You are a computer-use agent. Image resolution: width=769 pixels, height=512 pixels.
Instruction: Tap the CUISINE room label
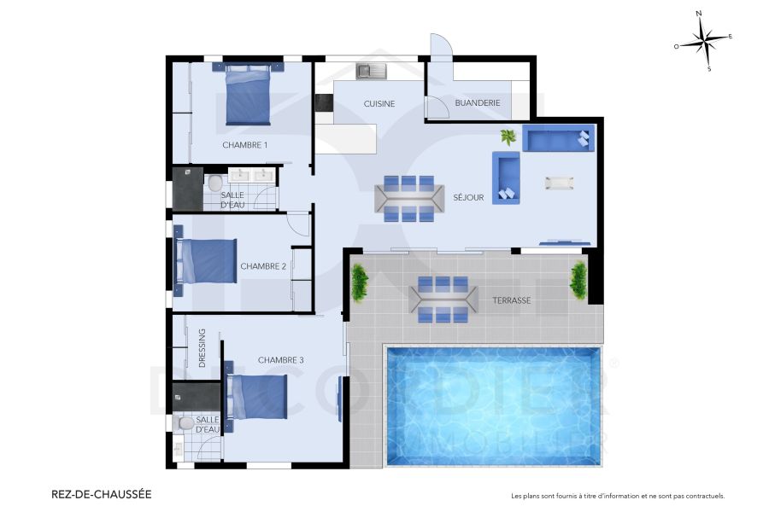379,104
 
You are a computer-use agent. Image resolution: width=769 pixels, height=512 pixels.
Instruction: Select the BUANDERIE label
477,103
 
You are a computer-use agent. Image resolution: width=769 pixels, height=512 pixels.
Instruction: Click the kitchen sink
372,71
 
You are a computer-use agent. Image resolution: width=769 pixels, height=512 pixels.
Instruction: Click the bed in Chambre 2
206,261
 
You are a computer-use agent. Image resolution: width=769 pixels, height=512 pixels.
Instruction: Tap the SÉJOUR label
469,197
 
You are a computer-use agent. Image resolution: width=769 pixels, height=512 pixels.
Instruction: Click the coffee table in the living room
560,182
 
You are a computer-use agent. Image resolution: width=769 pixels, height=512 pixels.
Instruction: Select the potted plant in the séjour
508,137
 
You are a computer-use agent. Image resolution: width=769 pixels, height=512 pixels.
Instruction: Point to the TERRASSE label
512,300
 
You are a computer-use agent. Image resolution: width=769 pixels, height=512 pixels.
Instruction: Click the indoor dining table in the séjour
407,198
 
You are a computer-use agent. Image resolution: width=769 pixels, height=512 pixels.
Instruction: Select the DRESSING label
203,347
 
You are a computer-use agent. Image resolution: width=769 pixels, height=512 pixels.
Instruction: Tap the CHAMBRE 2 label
263,266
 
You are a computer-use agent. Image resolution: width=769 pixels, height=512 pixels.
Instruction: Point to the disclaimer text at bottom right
617,496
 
